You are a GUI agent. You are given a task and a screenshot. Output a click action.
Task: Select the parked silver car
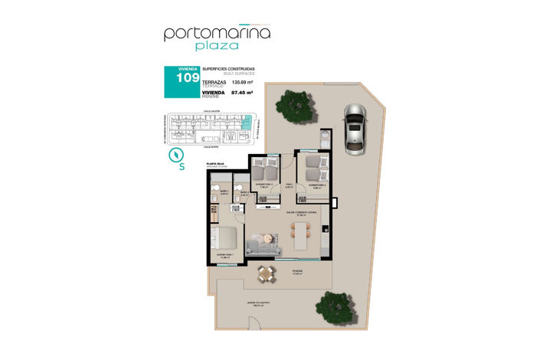pos(355,127)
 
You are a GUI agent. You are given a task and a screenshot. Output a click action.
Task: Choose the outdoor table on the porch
pos(266,273)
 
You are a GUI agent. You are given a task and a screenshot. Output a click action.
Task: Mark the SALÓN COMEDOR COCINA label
pos(302,211)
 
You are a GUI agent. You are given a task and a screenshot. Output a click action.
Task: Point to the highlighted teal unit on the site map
pos(245,120)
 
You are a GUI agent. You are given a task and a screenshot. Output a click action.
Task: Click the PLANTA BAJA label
pos(214,165)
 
